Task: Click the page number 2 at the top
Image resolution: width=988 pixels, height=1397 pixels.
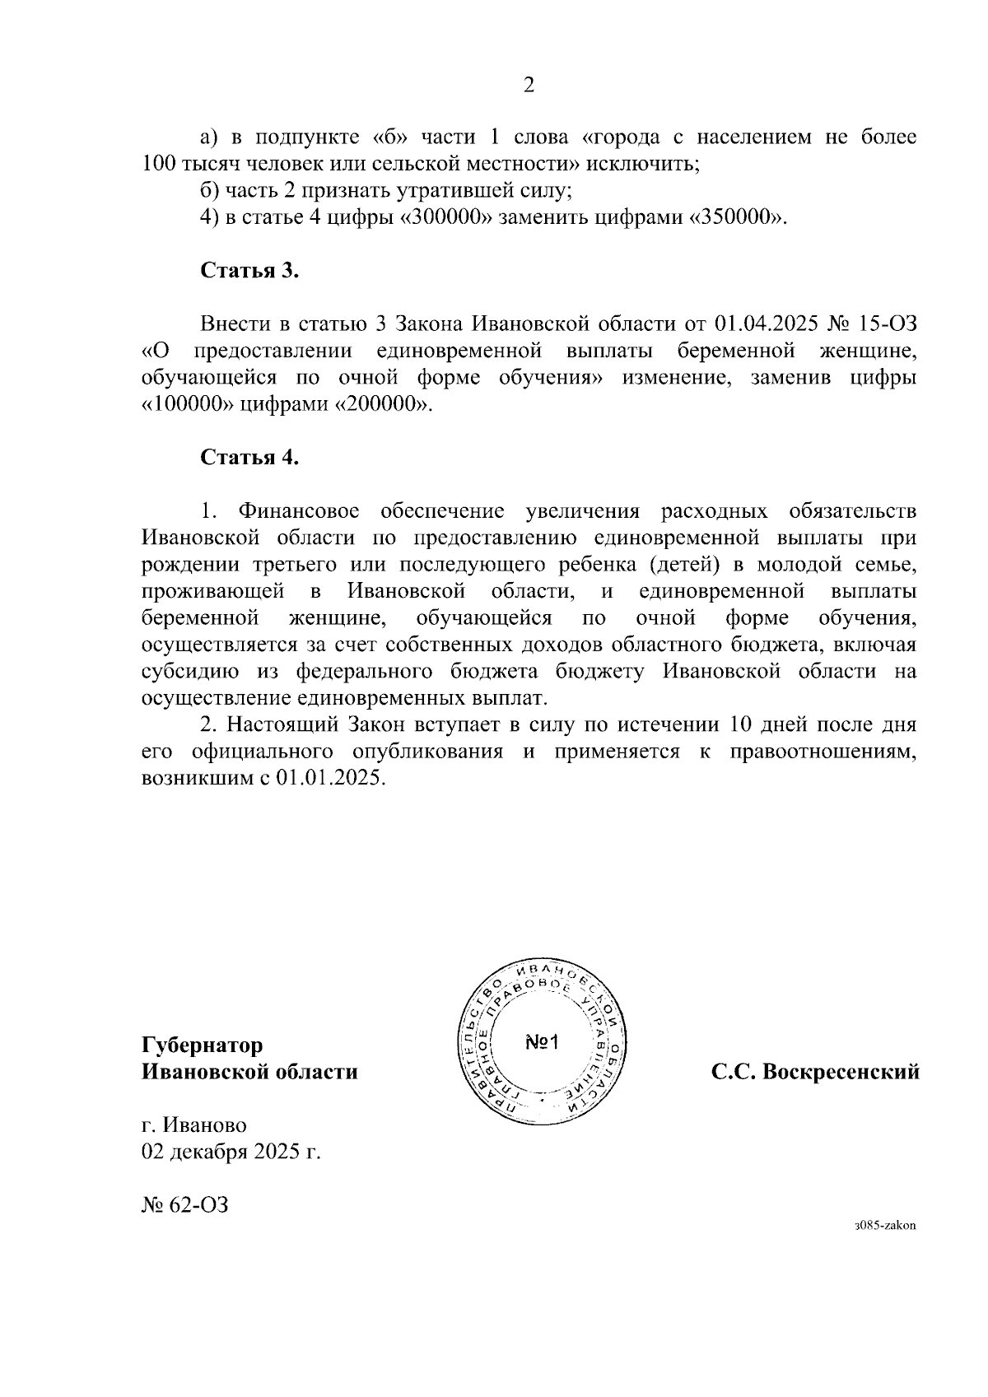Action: pos(529,86)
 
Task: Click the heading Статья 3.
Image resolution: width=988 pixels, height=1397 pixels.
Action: pos(249,272)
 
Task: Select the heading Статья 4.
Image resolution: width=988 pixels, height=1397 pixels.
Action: pos(249,458)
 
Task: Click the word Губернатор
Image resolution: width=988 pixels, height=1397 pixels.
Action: pos(203,1045)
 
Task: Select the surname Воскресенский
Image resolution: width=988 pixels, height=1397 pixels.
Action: pos(841,1073)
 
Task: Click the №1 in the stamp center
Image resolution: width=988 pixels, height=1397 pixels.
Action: pos(542,1043)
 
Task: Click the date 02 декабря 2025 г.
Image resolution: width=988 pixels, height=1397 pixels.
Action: pos(231,1152)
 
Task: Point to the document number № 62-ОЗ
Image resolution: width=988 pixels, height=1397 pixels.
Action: pos(184,1206)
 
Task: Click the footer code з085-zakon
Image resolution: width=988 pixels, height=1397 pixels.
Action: pos(885,1225)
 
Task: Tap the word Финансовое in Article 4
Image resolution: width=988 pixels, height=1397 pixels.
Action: pos(297,511)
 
